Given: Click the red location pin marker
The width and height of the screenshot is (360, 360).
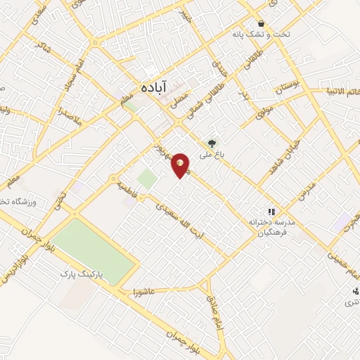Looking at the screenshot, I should coord(181,165).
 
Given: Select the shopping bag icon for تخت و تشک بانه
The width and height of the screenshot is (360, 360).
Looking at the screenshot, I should coord(261,23).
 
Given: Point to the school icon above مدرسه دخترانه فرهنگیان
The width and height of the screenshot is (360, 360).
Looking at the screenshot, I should coord(270,212).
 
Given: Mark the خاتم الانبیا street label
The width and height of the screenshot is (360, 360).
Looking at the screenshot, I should coord(339,91).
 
